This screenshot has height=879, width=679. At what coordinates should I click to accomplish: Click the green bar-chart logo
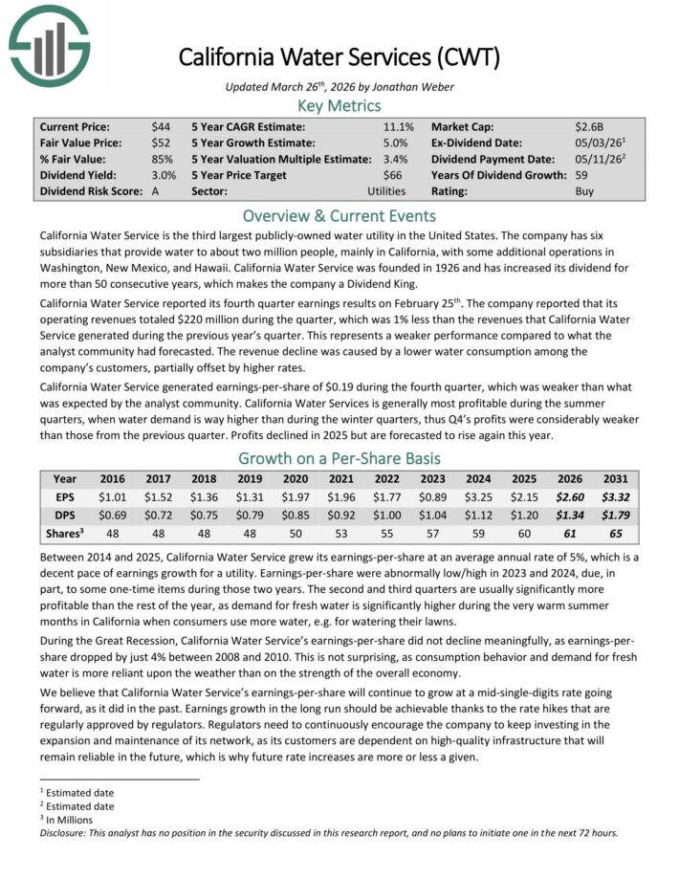click(x=49, y=45)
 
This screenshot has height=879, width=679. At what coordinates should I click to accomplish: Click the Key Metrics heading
click(x=339, y=105)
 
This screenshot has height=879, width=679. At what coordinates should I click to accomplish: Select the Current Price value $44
click(x=161, y=126)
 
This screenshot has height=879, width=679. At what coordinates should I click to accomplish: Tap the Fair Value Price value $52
click(x=161, y=143)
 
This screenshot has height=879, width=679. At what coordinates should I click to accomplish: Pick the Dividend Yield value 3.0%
click(x=164, y=175)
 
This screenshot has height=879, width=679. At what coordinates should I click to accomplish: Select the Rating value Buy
click(x=585, y=191)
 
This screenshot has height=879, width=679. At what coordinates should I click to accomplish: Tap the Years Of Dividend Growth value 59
click(x=582, y=175)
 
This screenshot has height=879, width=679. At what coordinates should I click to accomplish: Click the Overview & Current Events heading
click(x=339, y=215)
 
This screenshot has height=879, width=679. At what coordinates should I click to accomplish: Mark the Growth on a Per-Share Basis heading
click(x=339, y=457)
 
